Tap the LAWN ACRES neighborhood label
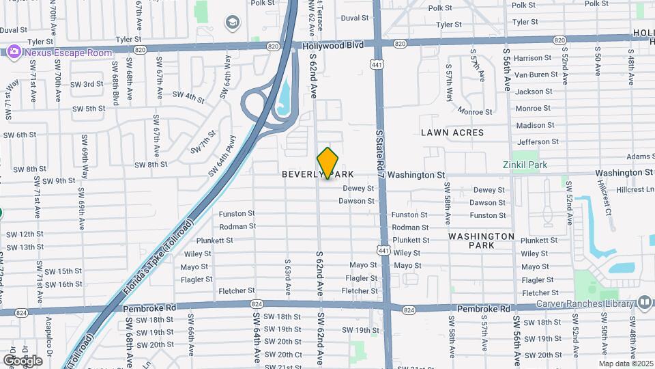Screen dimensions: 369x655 [x=452, y=133]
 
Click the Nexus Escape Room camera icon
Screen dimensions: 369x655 [x=14, y=51]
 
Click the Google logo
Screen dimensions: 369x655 [x=23, y=360]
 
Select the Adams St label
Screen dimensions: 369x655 [x=640, y=156]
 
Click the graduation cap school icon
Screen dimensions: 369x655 [x=232, y=24]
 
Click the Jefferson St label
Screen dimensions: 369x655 [x=538, y=142]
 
